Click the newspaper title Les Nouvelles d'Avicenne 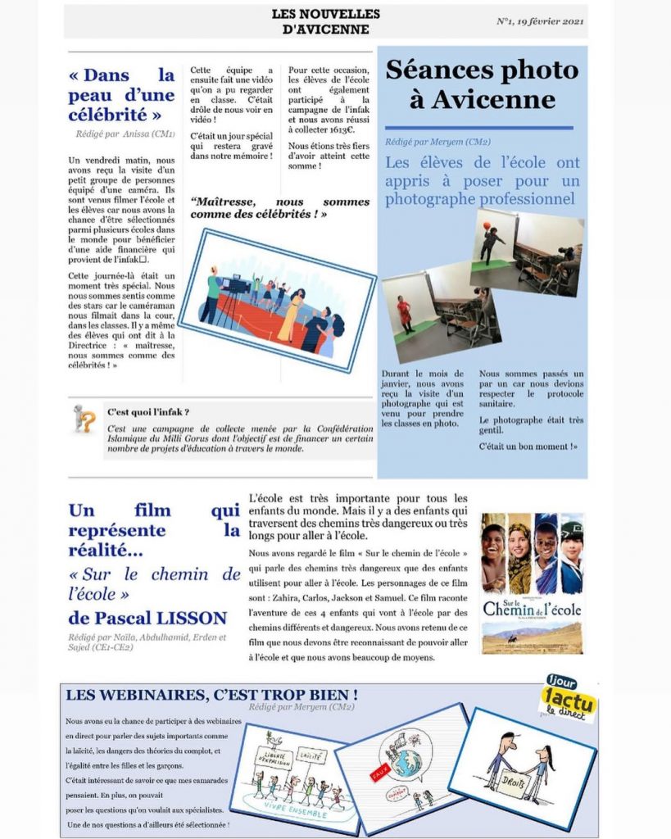point(325,22)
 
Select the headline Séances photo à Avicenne point(482,84)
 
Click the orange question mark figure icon point(84,418)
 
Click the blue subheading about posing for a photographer point(483,180)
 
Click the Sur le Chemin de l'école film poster point(532,583)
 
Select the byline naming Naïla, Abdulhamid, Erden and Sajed point(147,642)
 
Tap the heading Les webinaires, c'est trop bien point(211,695)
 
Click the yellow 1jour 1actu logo point(568,698)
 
